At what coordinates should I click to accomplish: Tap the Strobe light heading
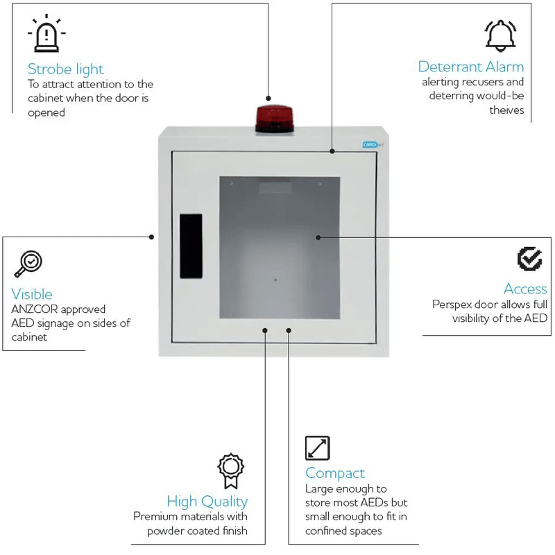click(x=65, y=69)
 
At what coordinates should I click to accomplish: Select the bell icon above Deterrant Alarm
click(x=500, y=35)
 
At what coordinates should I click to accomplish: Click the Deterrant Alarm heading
click(x=471, y=67)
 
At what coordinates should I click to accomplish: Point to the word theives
click(x=506, y=110)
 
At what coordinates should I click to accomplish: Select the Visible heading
click(x=32, y=294)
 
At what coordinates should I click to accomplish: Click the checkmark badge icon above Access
click(x=530, y=258)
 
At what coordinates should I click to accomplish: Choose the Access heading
click(x=525, y=289)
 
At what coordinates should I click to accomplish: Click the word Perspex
click(x=452, y=305)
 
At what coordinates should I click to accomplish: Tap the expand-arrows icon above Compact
click(x=318, y=448)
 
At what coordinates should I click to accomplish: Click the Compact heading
click(x=335, y=473)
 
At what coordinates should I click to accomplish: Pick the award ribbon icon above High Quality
click(x=230, y=471)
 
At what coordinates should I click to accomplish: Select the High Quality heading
click(x=207, y=501)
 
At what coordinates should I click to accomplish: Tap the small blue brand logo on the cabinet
click(x=370, y=145)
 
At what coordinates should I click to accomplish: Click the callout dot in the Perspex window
click(x=318, y=237)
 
